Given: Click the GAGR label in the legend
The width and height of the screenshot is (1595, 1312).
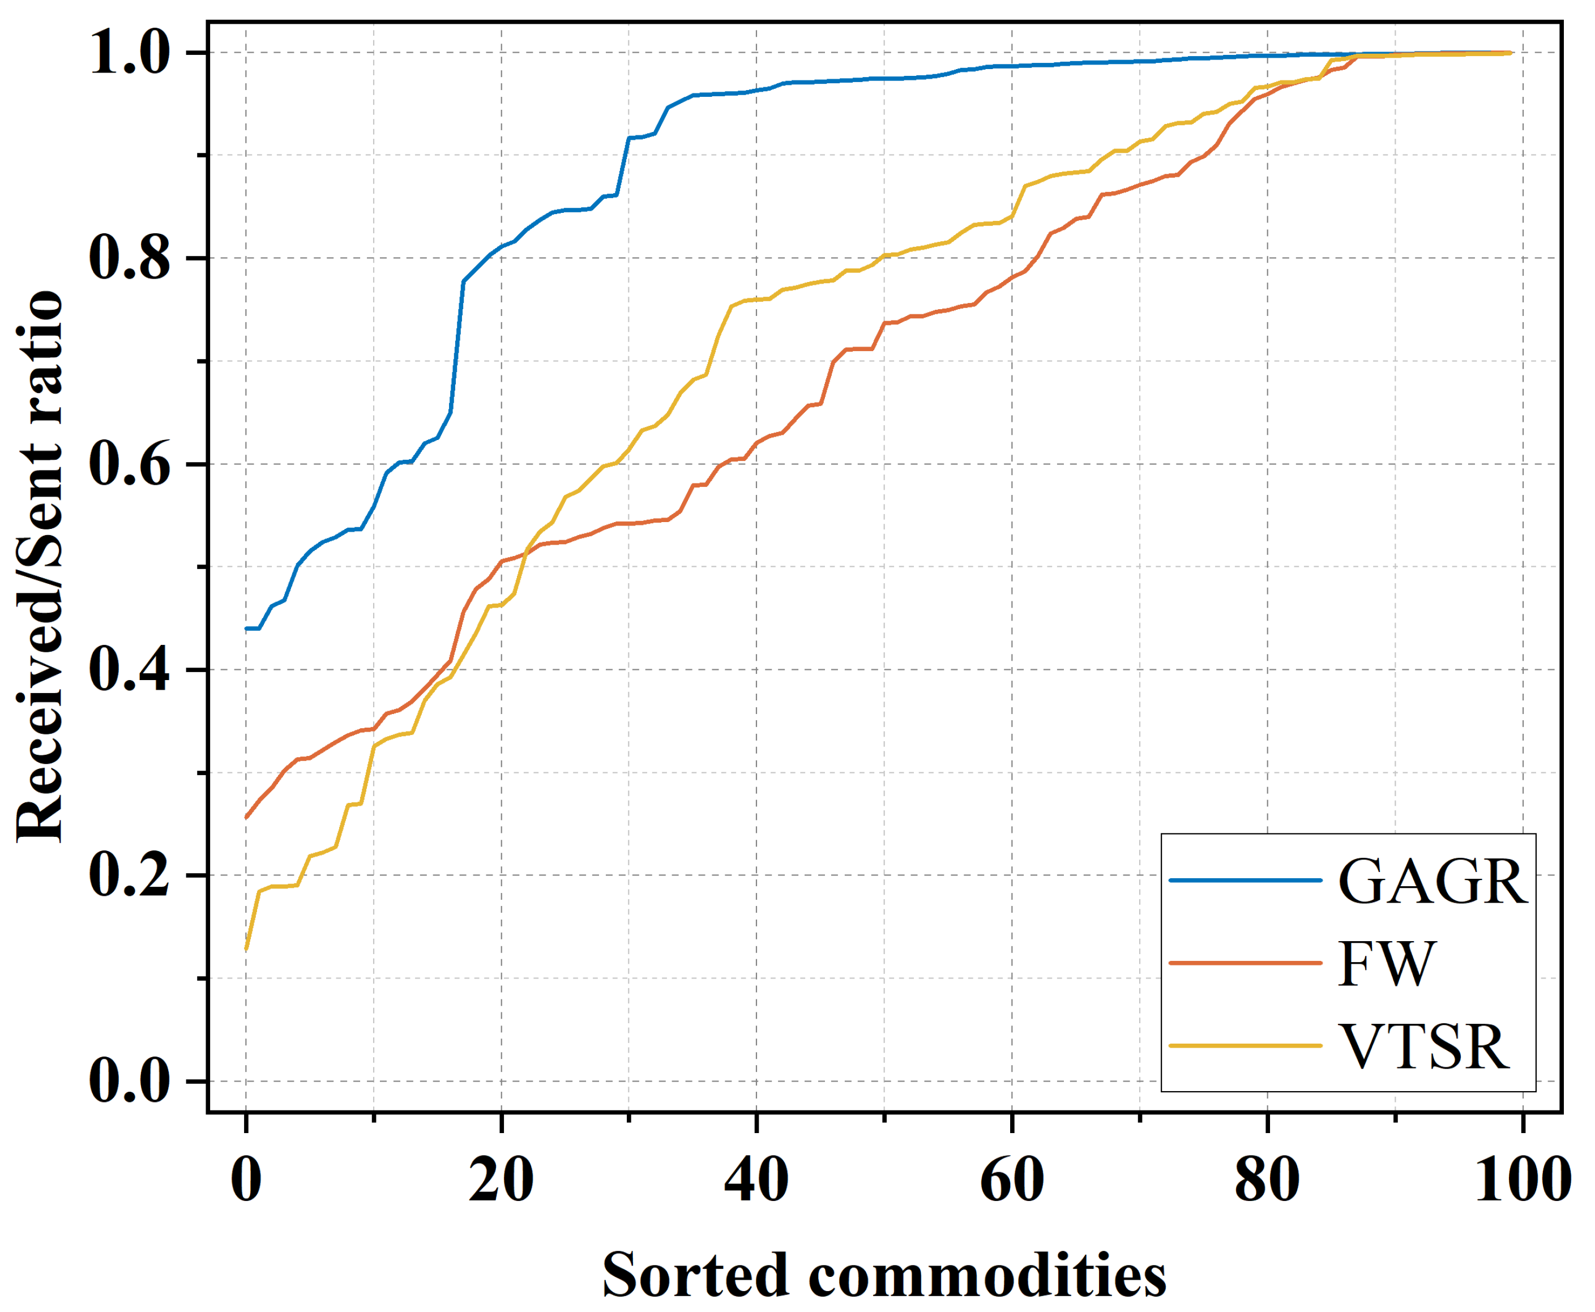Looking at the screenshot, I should click(1432, 882).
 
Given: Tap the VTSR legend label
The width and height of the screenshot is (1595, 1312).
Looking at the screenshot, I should click(1423, 1048).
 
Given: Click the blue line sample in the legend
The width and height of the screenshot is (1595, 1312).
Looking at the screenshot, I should click(1245, 881).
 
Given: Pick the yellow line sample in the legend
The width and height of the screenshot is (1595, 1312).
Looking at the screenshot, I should click(1245, 1046).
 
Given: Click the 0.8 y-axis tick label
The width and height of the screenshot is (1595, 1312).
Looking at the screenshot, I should click(130, 258).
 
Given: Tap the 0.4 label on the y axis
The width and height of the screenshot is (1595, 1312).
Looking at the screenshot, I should click(130, 670).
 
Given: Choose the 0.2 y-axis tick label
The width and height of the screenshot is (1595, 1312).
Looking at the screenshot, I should click(130, 875).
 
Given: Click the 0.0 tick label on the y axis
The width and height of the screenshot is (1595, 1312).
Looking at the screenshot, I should click(130, 1081).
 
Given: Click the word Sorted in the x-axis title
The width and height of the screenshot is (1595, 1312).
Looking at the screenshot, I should click(696, 1276).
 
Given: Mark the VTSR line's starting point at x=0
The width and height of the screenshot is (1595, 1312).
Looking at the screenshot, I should click(246, 949).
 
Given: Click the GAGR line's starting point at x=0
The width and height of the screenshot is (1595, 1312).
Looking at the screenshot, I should click(246, 629).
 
